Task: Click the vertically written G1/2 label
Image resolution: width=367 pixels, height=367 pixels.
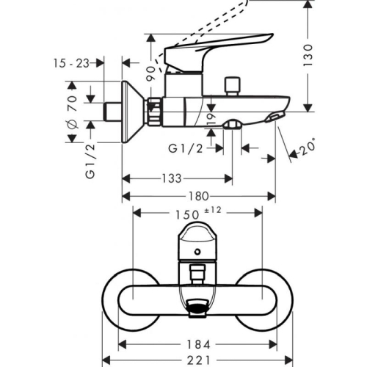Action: pos(90,162)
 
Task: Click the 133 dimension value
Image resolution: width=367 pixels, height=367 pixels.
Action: pos(170,178)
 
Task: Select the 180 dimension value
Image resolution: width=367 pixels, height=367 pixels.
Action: pos(198,196)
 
